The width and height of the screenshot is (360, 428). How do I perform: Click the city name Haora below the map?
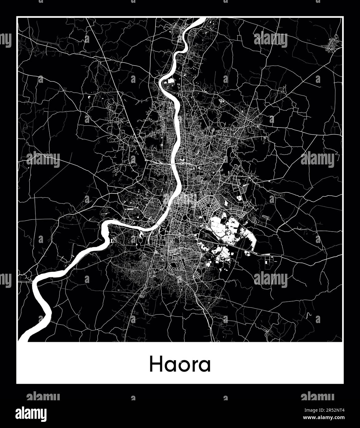pyautogui.click(x=180, y=365)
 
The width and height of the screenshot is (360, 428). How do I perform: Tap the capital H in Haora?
pyautogui.click(x=156, y=365)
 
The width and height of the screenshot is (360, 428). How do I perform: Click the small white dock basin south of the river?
pyautogui.click(x=141, y=235)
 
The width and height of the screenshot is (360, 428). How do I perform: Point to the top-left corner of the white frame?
pyautogui.click(x=17, y=17)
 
